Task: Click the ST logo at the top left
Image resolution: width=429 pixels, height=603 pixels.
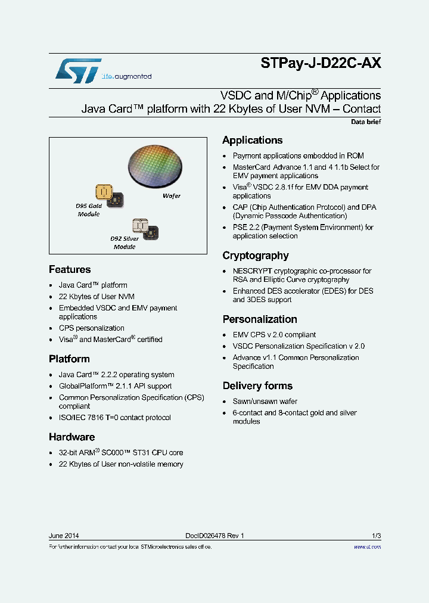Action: click(x=78, y=71)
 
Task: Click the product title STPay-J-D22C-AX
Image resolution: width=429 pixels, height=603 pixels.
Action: click(x=321, y=64)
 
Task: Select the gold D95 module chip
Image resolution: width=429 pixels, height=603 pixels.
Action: click(x=105, y=192)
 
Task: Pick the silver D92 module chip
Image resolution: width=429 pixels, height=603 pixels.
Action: click(x=140, y=226)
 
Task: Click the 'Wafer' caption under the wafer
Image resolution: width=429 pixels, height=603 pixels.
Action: click(x=172, y=196)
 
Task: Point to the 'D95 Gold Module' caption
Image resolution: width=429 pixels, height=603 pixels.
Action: click(x=89, y=210)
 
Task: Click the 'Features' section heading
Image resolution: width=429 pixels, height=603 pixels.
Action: click(x=70, y=269)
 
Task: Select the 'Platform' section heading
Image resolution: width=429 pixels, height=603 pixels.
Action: click(x=69, y=359)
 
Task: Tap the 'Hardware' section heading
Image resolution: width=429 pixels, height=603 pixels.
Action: click(x=71, y=437)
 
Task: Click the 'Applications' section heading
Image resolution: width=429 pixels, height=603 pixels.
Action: click(x=252, y=140)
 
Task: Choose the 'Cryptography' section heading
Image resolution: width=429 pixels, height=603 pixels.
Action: click(x=255, y=256)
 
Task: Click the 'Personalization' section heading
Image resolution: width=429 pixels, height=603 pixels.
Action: click(x=260, y=319)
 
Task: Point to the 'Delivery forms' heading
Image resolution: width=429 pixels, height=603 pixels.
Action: click(x=257, y=386)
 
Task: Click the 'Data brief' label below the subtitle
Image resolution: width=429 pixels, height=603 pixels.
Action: click(x=365, y=122)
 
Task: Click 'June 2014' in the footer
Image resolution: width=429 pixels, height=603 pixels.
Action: click(x=64, y=536)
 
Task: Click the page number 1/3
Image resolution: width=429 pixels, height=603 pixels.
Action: click(x=376, y=536)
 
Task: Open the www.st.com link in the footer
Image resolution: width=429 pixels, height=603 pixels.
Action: click(x=367, y=547)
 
